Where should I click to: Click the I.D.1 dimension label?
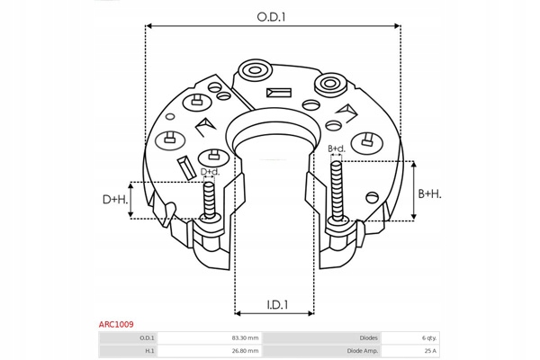[276, 305]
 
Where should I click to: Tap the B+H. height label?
[429, 193]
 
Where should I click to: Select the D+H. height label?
[114, 200]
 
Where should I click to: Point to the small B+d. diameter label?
[337, 148]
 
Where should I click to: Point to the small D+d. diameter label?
[210, 171]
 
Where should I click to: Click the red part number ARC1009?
[117, 323]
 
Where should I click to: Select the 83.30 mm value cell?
[246, 337]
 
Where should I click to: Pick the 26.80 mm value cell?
[246, 351]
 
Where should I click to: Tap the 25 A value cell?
[429, 351]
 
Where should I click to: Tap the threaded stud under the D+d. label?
[210, 200]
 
